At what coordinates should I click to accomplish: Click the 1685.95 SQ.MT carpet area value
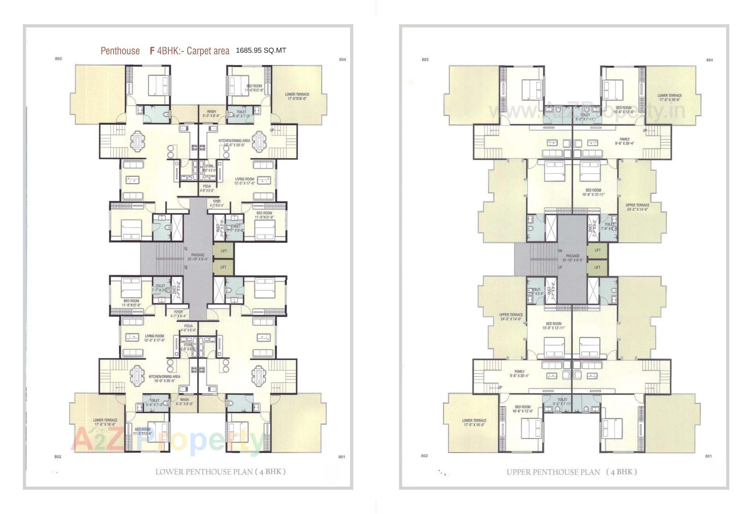pos(261,50)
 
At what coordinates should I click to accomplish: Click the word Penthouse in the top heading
pos(120,51)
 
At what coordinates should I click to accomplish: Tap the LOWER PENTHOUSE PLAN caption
pos(220,472)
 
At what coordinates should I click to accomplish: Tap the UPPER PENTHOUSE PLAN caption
pos(571,472)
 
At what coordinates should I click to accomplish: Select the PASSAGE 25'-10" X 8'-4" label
pos(198,257)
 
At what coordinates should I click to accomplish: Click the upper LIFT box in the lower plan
pos(224,251)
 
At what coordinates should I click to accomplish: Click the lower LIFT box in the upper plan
pos(597,268)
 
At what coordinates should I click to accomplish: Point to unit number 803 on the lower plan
pos(58,59)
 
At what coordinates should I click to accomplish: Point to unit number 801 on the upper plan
pos(709,456)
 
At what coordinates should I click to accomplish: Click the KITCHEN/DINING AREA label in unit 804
pos(234,143)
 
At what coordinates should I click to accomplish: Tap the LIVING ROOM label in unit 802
pos(154,338)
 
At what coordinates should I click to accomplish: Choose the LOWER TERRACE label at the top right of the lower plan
pos(297,96)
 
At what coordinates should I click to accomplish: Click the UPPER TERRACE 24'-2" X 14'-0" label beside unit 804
pos(637,207)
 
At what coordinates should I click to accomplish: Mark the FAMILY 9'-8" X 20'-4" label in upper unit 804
pos(624,141)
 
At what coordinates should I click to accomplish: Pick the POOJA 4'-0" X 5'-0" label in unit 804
pos(207,189)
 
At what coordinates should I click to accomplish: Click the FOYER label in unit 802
pos(178,314)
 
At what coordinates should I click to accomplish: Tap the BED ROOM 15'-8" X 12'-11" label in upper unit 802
pos(553,326)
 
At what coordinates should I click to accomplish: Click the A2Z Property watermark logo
pos(168,440)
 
